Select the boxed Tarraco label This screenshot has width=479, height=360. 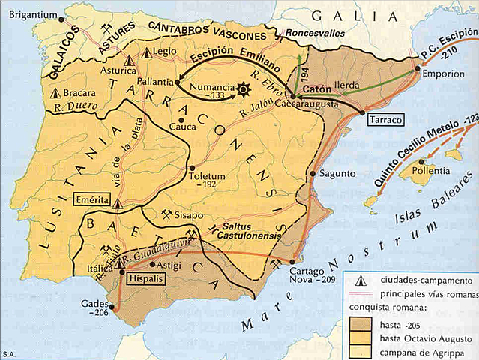tap(386, 119)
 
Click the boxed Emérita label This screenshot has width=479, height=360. tap(92, 200)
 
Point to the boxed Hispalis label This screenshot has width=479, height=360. tap(147, 277)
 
